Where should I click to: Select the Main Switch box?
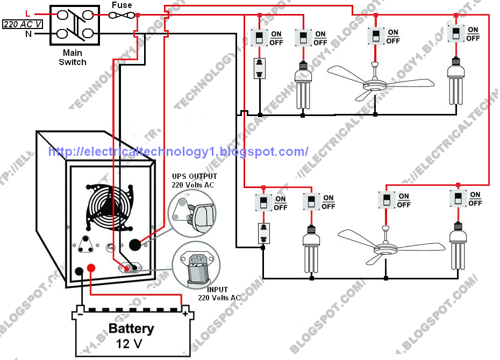click(73, 26)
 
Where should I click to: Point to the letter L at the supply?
click(27, 13)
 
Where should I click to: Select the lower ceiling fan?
click(385, 244)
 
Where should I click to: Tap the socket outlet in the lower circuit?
click(263, 233)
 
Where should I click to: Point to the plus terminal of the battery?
click(184, 313)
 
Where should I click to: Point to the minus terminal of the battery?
click(80, 313)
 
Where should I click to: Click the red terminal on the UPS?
click(91, 268)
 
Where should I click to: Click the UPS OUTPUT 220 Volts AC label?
click(194, 180)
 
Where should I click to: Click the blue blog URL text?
click(178, 152)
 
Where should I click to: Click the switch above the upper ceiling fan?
click(376, 37)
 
